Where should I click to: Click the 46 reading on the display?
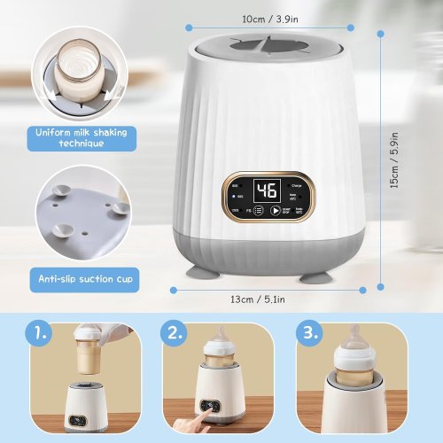[266, 190]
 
